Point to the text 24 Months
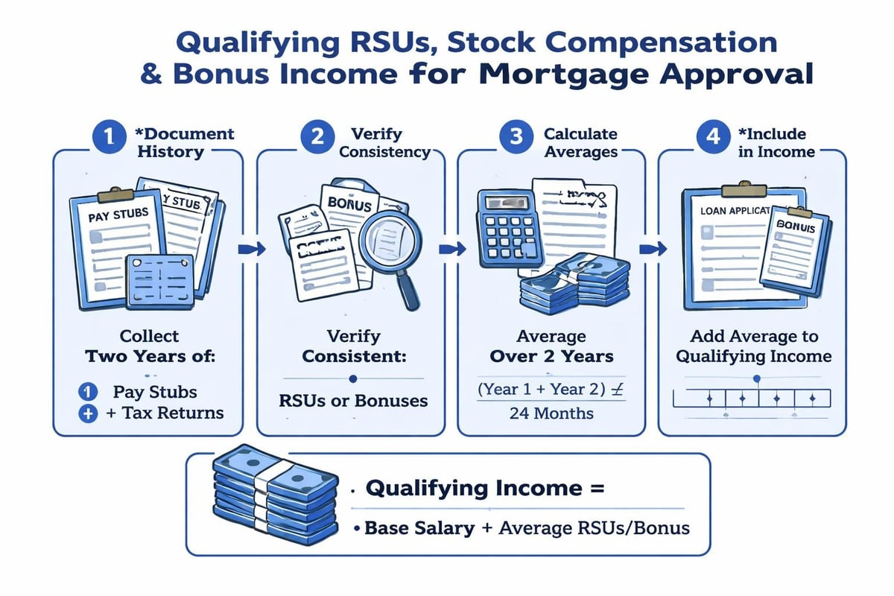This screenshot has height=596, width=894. click(x=551, y=412)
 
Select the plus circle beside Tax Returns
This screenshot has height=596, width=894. click(x=88, y=413)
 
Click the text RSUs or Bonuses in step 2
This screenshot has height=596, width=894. click(x=355, y=401)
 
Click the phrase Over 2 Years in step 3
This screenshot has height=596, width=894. click(x=551, y=356)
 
